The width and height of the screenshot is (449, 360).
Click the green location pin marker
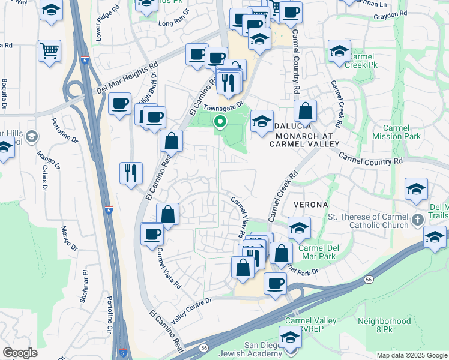click(x=220, y=122)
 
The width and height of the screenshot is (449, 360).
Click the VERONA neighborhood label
click(x=309, y=205)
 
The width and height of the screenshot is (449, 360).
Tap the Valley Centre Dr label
click(x=191, y=311)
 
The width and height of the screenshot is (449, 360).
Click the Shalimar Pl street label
click(x=86, y=279)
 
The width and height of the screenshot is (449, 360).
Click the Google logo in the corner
click(x=20, y=353)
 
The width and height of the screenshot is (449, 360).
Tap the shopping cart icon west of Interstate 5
click(x=49, y=50)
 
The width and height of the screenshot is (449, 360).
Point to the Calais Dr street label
click(x=44, y=176)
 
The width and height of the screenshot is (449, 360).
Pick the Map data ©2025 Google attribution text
click(x=411, y=355)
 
